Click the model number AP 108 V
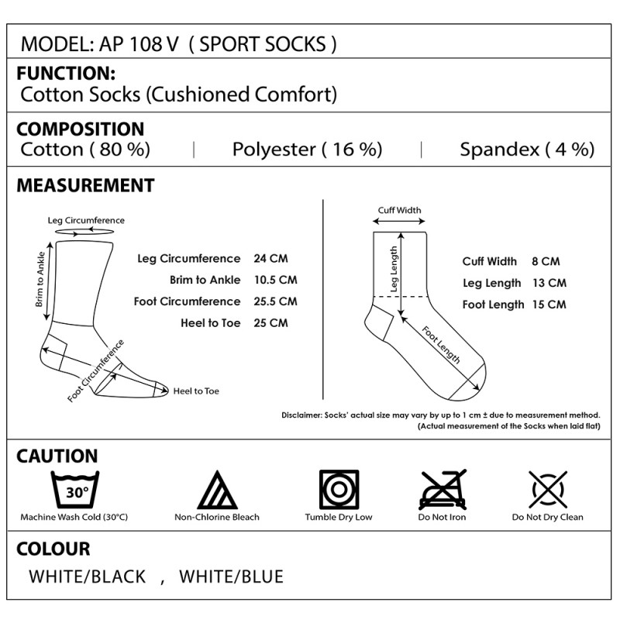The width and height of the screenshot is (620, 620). [x=139, y=44]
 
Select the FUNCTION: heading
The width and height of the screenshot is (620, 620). [x=66, y=73]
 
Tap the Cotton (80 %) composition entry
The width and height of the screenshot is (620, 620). [x=85, y=150]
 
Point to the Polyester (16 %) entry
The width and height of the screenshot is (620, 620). [x=307, y=150]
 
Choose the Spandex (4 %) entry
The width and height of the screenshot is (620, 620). [x=527, y=150]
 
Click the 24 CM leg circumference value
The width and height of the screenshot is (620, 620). [x=270, y=259]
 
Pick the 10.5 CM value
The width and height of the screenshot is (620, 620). [x=276, y=280]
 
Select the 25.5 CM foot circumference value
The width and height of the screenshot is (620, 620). [x=276, y=301]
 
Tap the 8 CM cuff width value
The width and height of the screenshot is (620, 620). [x=546, y=261]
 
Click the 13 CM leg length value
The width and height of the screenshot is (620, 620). [x=549, y=283]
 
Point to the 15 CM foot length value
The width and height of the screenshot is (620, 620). [x=549, y=305]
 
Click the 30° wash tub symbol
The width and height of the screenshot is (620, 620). [x=75, y=490]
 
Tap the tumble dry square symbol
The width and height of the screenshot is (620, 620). [x=339, y=490]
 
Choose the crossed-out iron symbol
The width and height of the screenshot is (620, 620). [x=443, y=490]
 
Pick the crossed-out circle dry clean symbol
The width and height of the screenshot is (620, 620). [x=548, y=490]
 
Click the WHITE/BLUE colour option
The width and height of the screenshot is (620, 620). [x=231, y=577]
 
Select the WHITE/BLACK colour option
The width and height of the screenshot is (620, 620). [x=88, y=577]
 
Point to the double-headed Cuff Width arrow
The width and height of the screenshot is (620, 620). [x=399, y=222]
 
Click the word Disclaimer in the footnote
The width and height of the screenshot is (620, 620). [x=301, y=415]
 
